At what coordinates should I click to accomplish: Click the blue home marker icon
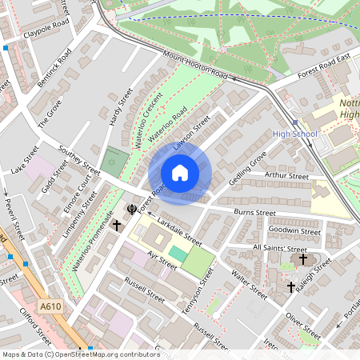point(180,173)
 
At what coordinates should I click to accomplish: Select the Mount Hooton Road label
point(195,65)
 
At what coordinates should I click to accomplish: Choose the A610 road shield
point(50,306)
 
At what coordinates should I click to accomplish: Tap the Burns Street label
point(254,213)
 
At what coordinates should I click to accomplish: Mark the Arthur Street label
point(286,175)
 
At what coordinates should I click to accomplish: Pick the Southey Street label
point(79,161)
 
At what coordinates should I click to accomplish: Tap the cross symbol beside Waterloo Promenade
point(117,226)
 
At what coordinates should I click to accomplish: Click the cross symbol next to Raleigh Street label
point(291,286)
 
